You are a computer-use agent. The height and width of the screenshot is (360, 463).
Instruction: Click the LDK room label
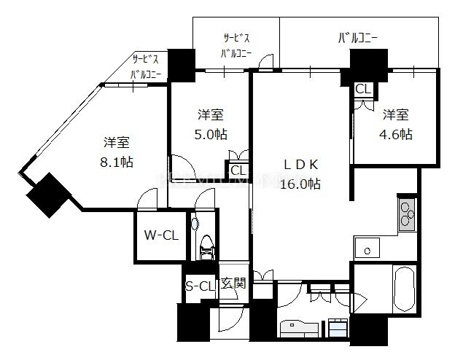[300, 165]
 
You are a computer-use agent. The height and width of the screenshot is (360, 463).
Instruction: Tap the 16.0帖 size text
[300, 184]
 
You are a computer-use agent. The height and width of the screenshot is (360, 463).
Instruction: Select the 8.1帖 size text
[117, 162]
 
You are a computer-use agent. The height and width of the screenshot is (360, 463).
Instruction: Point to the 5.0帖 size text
[211, 135]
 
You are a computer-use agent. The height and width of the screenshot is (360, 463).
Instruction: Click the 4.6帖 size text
[396, 135]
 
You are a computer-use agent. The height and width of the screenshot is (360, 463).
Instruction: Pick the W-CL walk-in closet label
[161, 235]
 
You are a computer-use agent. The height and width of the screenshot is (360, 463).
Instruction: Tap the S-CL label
[200, 286]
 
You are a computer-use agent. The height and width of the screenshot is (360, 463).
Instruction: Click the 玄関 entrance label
[233, 283]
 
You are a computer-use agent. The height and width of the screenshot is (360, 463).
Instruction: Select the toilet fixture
[206, 247]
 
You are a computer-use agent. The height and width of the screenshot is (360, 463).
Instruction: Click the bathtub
[404, 289]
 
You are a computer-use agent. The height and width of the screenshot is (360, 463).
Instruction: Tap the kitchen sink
[367, 248]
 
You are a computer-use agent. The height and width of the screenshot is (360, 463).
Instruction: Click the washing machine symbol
[338, 328]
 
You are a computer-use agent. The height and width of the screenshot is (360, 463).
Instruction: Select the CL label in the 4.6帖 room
[362, 89]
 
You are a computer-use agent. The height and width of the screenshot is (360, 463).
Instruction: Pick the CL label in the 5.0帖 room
[238, 171]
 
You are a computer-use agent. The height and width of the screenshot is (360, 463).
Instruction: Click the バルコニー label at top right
[358, 38]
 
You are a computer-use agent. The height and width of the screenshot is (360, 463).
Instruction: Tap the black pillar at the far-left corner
[49, 195]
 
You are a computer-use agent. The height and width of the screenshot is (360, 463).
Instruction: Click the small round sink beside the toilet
[195, 224]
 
